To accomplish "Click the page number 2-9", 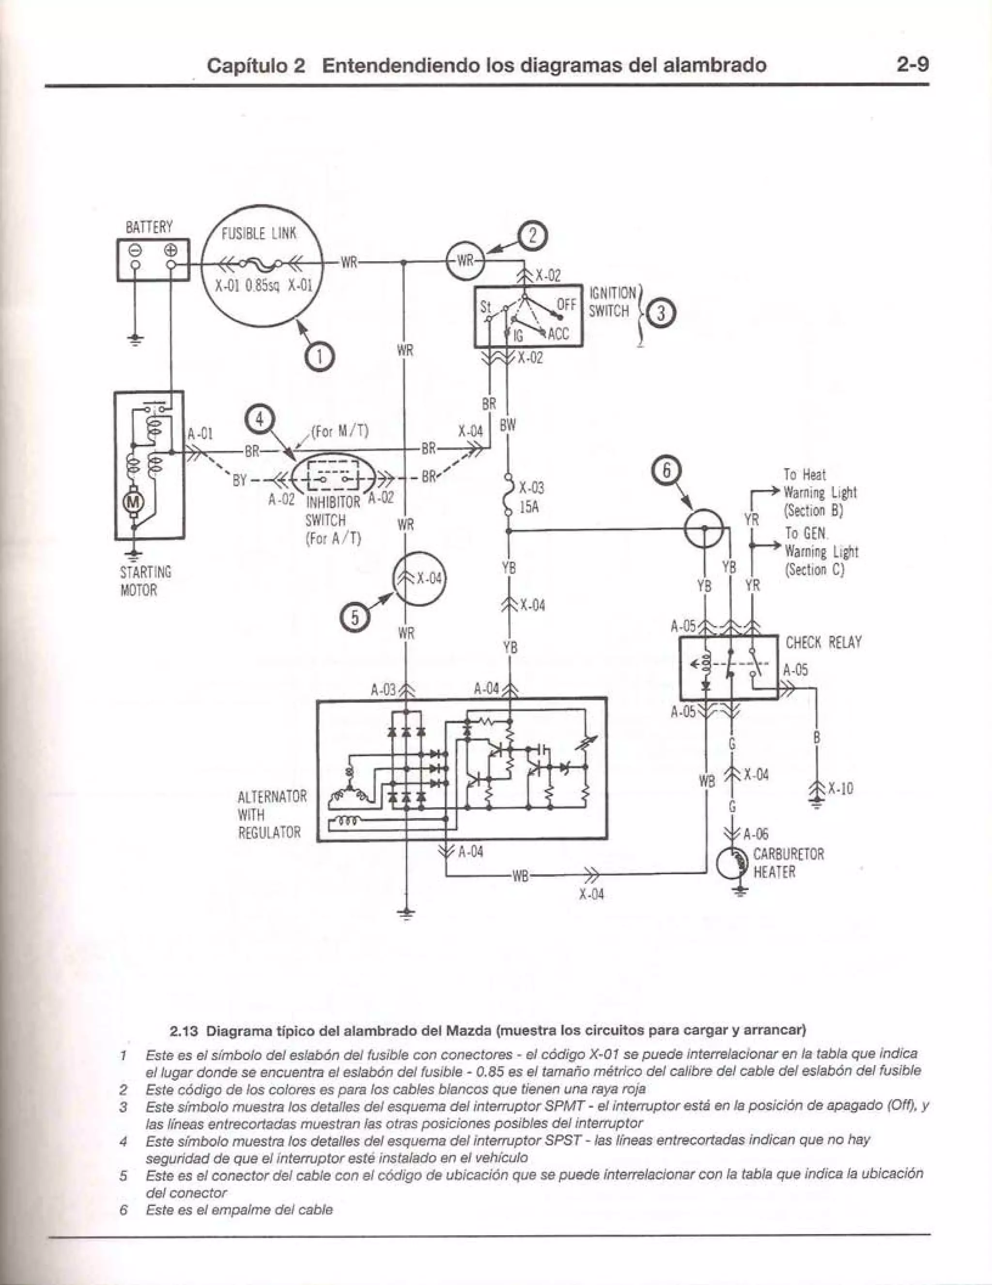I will click(x=912, y=64).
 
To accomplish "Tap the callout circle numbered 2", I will click(x=533, y=236).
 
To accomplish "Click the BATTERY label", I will click(x=149, y=227).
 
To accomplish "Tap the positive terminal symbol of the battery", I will click(x=171, y=250).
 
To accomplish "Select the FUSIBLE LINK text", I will click(x=259, y=234).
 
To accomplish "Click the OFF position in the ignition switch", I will click(x=566, y=304).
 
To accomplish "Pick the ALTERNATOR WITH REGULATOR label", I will click(x=272, y=815).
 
